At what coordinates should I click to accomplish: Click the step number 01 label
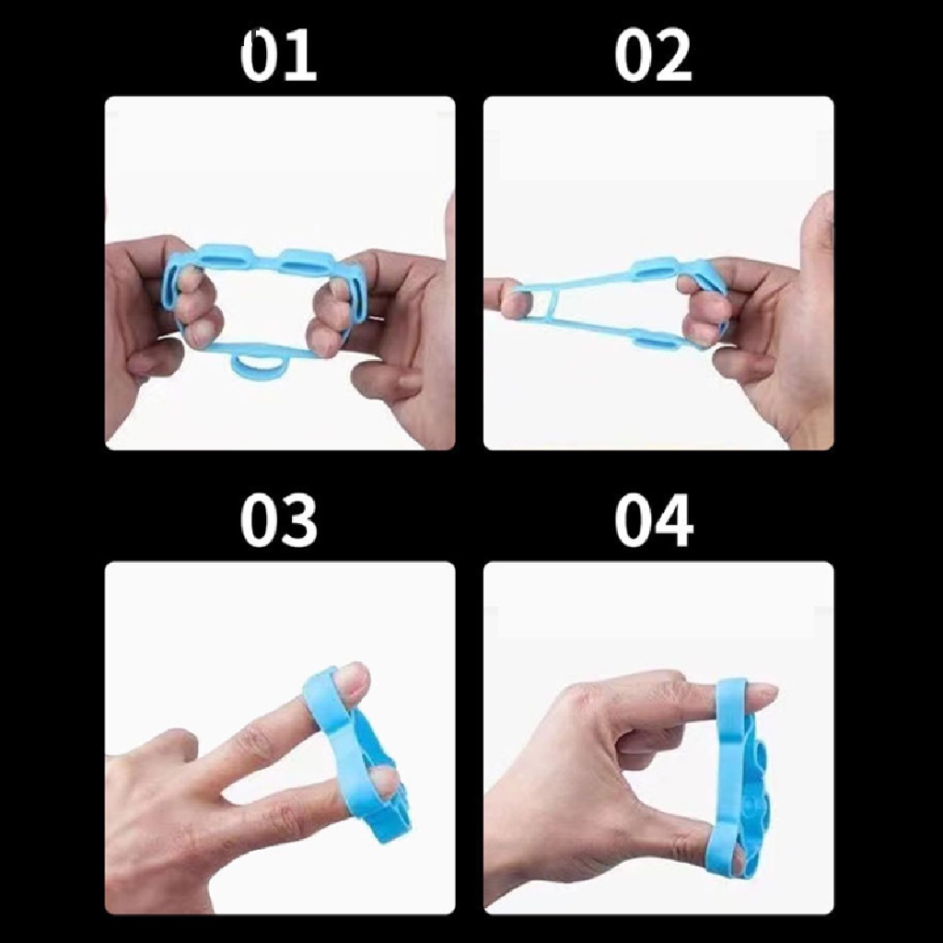[x=278, y=56]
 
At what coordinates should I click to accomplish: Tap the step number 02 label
[x=653, y=56]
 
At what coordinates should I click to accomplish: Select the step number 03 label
[x=278, y=520]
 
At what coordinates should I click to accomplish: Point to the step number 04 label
[x=653, y=520]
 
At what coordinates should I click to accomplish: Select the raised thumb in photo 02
[x=816, y=230]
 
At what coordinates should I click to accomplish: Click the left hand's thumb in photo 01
[x=147, y=359]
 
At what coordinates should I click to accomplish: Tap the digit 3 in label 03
[x=297, y=520]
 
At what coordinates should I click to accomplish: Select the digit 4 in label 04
[x=672, y=520]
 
